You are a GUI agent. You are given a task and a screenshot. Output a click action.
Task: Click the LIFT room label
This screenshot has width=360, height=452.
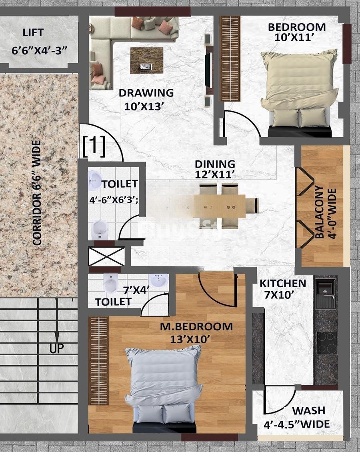[33, 32]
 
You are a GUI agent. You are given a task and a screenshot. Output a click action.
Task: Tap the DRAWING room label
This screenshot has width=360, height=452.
[146, 93]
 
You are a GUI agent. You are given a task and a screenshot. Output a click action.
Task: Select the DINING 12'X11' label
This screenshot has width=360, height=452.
[215, 169]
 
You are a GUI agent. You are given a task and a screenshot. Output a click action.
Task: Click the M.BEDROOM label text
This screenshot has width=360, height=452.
[196, 327]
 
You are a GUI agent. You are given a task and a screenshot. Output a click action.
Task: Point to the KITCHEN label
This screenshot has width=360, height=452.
[283, 283]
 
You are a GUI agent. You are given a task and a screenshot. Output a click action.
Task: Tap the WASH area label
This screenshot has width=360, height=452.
[309, 410]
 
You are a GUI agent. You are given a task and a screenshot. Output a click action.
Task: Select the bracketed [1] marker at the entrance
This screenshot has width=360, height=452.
[94, 146]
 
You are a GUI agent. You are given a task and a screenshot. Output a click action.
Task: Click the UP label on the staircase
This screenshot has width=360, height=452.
[56, 348]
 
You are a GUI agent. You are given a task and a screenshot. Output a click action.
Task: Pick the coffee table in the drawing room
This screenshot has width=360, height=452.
[146, 60]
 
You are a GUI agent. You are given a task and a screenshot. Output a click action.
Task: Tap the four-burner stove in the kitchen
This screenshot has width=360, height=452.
[327, 343]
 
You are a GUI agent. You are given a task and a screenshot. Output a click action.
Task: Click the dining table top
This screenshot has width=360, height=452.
[220, 206]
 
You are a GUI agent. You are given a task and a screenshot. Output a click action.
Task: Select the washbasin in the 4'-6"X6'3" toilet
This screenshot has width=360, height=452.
[94, 180]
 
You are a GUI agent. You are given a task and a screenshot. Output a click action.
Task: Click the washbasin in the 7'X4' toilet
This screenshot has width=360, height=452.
[158, 280]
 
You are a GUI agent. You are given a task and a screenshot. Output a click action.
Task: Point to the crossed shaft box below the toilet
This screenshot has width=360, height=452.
[107, 256]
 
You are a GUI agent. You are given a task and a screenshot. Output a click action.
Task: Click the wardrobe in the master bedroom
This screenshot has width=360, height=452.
[98, 361]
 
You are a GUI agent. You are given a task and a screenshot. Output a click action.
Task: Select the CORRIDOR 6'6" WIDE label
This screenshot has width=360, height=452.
[37, 193]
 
